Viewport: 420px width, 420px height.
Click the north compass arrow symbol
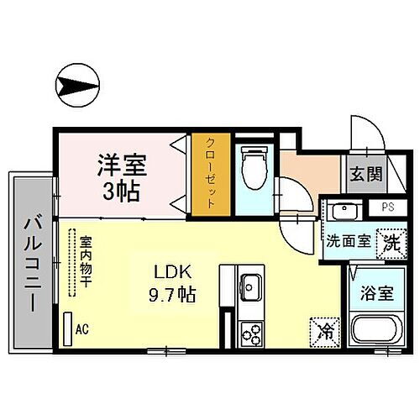pyautogui.click(x=73, y=85)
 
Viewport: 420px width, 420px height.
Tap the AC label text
pyautogui.click(x=81, y=329)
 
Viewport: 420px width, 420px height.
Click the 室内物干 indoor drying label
pyautogui.click(x=85, y=265)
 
